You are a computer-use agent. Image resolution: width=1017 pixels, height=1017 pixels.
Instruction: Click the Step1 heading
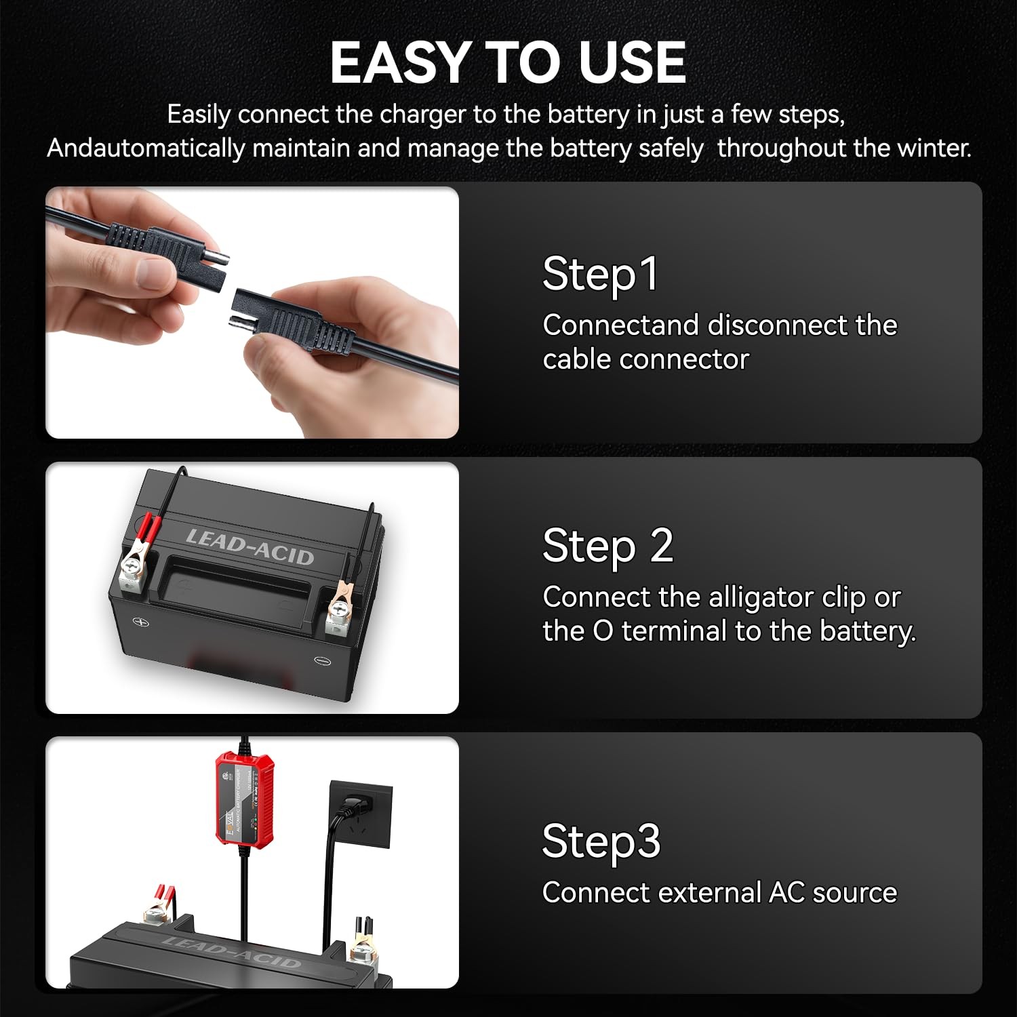[x=600, y=275]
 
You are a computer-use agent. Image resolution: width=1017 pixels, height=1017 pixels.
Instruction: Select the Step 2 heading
[x=607, y=546]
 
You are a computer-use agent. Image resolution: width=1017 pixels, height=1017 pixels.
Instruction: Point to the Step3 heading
[x=601, y=841]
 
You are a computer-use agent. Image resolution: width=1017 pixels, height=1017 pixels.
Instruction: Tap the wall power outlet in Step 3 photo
[x=360, y=814]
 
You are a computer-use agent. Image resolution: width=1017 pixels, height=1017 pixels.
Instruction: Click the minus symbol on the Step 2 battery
[x=321, y=660]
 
